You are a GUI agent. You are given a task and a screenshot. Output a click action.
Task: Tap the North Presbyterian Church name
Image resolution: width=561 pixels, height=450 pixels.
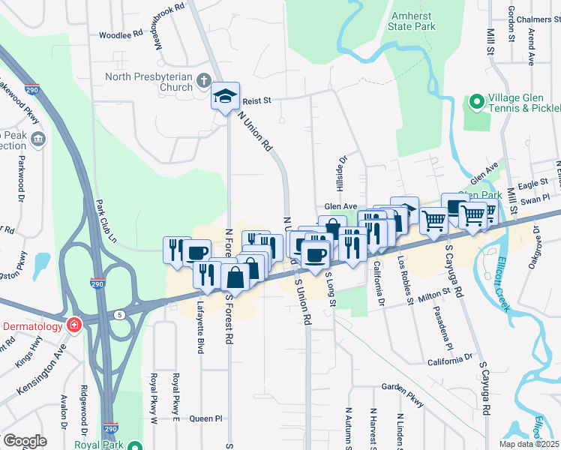tap(149, 81)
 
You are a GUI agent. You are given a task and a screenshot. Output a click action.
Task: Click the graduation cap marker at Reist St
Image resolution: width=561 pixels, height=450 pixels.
tap(225, 95)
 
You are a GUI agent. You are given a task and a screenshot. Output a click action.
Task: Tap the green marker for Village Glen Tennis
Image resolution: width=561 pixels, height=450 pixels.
tap(475, 101)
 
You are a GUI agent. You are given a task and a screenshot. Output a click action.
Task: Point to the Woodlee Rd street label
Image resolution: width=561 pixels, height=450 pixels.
tap(121, 34)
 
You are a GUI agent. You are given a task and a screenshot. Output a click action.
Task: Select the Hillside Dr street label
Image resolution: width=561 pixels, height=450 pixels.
tap(342, 172)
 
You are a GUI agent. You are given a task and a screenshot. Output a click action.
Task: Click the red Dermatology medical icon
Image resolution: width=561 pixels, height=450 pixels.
tap(73, 325)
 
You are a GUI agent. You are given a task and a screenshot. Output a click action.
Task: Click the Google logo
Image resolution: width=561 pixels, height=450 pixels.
tap(25, 440)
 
